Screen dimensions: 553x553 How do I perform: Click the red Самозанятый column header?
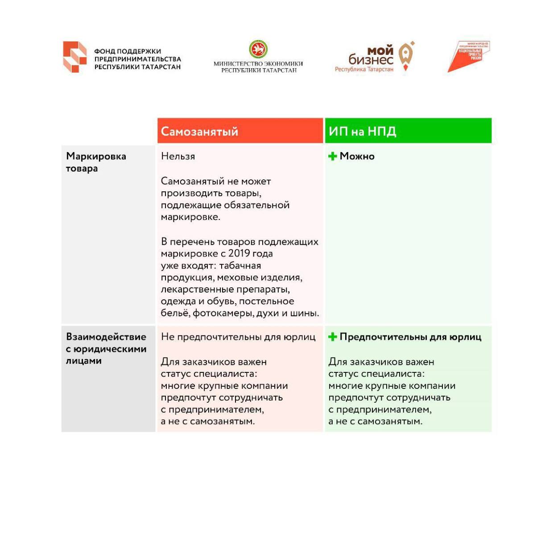click(x=240, y=131)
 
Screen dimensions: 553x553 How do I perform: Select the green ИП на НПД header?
click(x=408, y=131)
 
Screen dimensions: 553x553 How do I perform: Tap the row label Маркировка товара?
click(x=96, y=162)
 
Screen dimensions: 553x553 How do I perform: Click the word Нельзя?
click(x=178, y=157)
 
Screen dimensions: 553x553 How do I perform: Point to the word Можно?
click(x=357, y=157)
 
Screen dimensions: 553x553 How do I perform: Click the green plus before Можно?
click(x=332, y=156)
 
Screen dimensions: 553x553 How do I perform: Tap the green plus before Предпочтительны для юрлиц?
click(x=332, y=337)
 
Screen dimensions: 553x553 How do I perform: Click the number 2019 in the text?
click(x=239, y=254)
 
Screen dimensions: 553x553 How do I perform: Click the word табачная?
click(x=240, y=266)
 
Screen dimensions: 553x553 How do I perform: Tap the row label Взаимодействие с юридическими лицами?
click(x=106, y=349)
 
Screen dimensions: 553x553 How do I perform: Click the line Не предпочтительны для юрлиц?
click(x=238, y=337)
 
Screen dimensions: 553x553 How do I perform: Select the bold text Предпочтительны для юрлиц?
click(x=410, y=337)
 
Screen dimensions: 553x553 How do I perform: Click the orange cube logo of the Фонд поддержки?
click(x=74, y=57)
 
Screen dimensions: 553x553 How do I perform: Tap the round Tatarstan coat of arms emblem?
click(x=258, y=49)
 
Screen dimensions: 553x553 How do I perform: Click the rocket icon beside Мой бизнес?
click(x=406, y=56)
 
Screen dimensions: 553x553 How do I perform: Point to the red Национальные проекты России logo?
click(x=469, y=57)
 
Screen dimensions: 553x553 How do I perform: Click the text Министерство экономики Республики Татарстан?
click(x=258, y=67)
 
